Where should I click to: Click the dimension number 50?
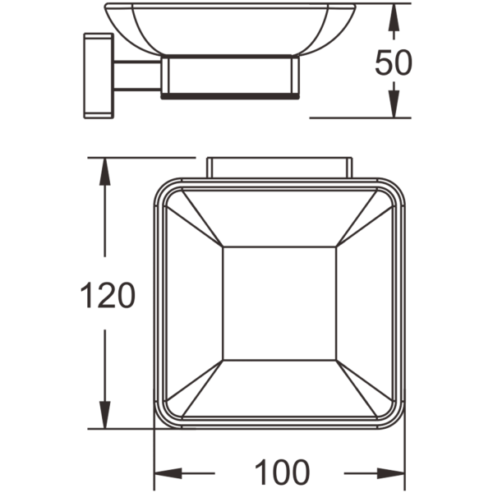coord(394,62)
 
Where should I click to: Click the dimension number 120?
coord(108,295)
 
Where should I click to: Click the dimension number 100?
coord(282,472)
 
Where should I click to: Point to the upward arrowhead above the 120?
coord(104,172)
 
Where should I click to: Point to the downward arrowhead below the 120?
coord(104,415)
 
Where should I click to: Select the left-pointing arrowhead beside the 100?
coord(169,473)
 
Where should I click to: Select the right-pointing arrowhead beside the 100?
coord(390,473)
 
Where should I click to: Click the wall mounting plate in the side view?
coord(99,76)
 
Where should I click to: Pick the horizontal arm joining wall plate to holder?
coord(137,76)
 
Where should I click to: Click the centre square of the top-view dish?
coord(279,303)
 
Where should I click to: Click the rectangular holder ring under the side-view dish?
coord(230,76)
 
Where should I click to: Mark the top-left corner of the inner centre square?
coord(223,247)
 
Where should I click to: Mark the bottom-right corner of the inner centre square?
coord(336,360)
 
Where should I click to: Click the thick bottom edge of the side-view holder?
coord(230,96)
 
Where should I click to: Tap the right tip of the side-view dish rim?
coord(355,5)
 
